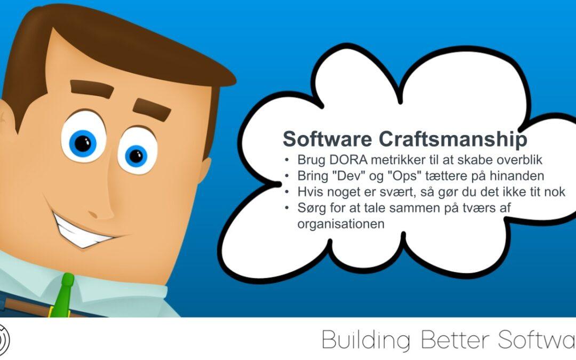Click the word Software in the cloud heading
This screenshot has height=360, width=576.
327,139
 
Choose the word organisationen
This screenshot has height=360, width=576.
341,223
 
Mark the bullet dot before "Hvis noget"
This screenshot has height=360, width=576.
287,192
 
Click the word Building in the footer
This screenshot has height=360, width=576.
366,340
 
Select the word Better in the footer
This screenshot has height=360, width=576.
455,339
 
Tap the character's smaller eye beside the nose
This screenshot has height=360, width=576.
138,151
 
